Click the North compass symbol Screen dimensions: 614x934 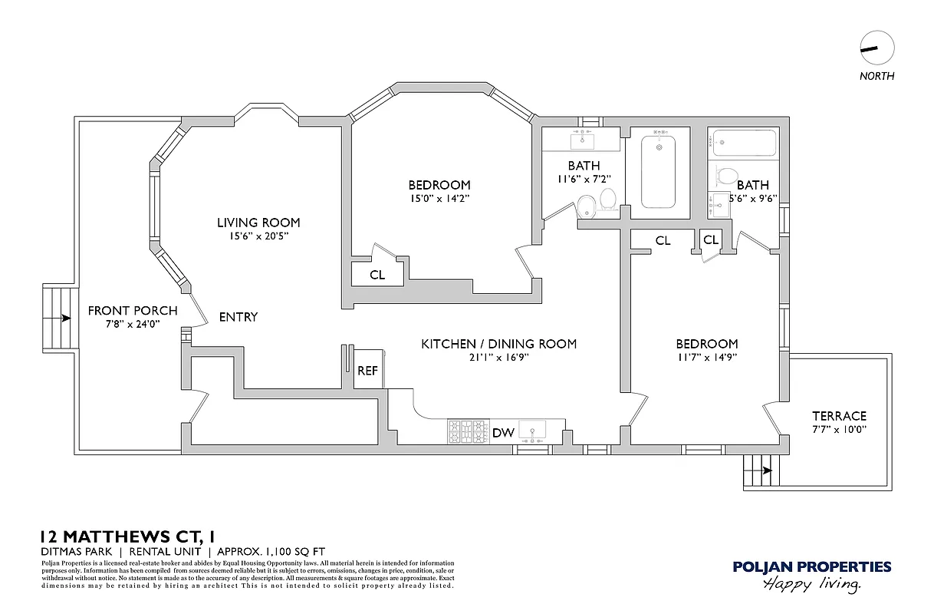(877, 48)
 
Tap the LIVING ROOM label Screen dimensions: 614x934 (258, 223)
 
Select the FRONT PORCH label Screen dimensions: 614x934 (132, 311)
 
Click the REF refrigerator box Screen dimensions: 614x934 (367, 371)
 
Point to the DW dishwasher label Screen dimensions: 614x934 (503, 433)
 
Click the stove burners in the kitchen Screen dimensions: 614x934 (469, 431)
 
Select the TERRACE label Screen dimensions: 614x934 (839, 415)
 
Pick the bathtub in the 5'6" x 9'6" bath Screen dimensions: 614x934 (744, 143)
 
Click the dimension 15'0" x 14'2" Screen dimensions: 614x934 (439, 198)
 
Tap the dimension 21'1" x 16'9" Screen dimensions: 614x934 (498, 357)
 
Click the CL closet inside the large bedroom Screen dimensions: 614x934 (377, 275)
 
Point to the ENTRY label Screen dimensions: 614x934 (238, 317)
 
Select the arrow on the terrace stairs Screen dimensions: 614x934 (765, 470)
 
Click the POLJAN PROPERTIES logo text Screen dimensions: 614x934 (811, 567)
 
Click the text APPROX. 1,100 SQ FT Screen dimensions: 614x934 (271, 551)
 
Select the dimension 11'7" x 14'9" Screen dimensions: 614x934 (706, 357)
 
